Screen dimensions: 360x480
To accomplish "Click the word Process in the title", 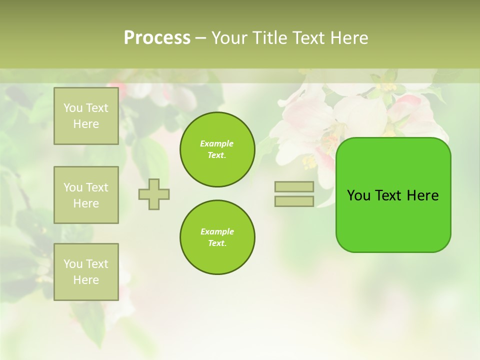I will (x=157, y=38).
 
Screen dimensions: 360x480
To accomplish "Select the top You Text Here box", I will (x=86, y=116).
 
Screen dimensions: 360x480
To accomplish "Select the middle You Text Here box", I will (x=86, y=195).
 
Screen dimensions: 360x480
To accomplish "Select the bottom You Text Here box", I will (x=86, y=271).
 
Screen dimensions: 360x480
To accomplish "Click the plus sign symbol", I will (x=154, y=194).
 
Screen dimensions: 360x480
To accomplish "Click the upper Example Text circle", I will (x=217, y=149).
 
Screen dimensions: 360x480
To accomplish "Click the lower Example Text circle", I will (x=217, y=237).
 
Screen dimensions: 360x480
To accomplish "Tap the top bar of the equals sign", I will (x=294, y=186).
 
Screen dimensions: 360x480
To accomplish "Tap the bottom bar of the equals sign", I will (x=294, y=201).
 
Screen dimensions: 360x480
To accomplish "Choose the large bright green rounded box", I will (x=393, y=220).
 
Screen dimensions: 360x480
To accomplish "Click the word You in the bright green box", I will (x=358, y=195).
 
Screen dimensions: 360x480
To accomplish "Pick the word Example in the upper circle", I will (x=217, y=144).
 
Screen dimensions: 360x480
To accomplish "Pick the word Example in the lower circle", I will (x=217, y=232).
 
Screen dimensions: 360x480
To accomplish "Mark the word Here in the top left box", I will (x=86, y=124).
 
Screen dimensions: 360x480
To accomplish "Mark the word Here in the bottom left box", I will (x=86, y=280).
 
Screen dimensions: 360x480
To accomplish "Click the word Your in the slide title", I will (x=230, y=38).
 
